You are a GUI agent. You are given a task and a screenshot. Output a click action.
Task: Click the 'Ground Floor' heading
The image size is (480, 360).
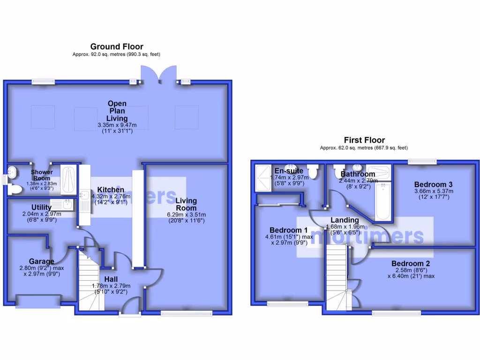coord(117,46)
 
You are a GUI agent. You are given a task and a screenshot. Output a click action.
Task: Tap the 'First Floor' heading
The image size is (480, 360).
coord(364,140)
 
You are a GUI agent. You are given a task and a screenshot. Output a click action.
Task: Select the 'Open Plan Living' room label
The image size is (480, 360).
coord(117,111)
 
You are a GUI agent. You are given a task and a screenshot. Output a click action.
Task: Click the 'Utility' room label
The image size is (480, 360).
coord(41,207)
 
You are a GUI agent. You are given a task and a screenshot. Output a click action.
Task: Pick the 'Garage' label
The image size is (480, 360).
coord(41,261)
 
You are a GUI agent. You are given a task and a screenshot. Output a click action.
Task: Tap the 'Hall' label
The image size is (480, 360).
coord(111,279)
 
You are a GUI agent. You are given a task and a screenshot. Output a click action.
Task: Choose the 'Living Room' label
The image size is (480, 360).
coord(187,204)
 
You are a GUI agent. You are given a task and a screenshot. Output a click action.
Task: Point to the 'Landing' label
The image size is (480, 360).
coord(345,220)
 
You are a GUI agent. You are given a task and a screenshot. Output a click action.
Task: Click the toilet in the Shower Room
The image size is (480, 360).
coord(15,189)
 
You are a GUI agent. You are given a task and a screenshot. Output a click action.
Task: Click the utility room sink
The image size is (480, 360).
coord(67,204)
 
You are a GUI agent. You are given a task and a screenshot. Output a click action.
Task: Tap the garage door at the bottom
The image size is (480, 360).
coord(38,302)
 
